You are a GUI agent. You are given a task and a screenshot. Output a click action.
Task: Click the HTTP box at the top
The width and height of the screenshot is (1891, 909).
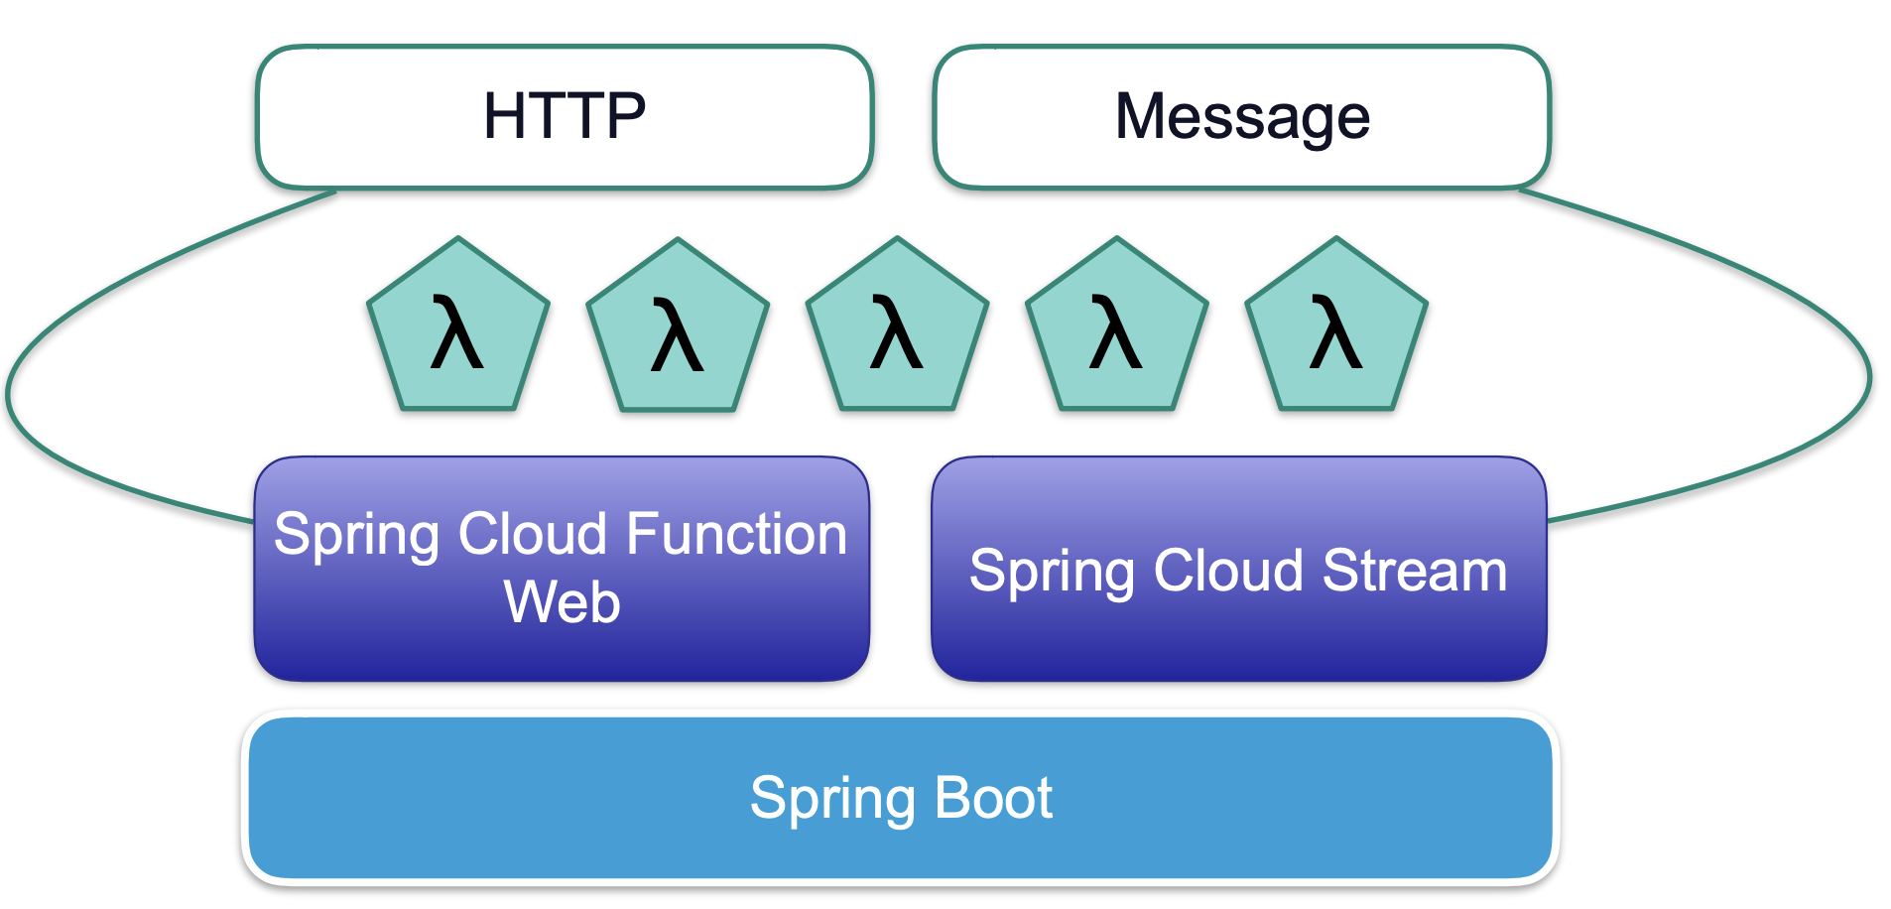coord(564,117)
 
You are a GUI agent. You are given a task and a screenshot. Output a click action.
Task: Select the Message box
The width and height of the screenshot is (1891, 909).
coord(1240,117)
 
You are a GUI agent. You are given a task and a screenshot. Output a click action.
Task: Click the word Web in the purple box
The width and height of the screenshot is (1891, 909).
coord(562,602)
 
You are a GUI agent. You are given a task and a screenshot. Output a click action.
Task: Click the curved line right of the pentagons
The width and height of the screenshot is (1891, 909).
coord(1868,377)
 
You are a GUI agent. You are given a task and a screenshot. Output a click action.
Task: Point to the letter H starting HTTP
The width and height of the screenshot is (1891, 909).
coord(504,117)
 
